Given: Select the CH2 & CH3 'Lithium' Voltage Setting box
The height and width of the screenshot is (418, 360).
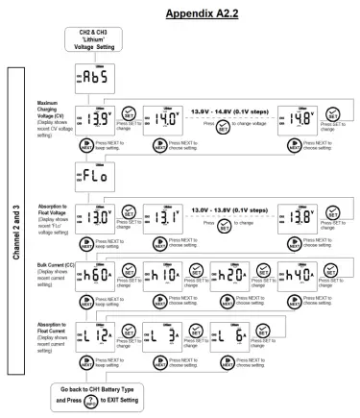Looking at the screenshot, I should point(96,45).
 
